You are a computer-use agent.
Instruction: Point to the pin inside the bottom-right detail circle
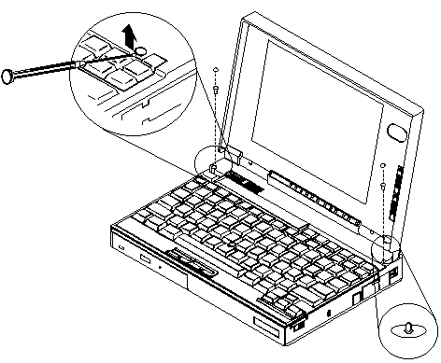(x=407, y=328)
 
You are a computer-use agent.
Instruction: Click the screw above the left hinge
(x=217, y=91)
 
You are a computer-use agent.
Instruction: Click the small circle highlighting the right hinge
(x=386, y=249)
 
